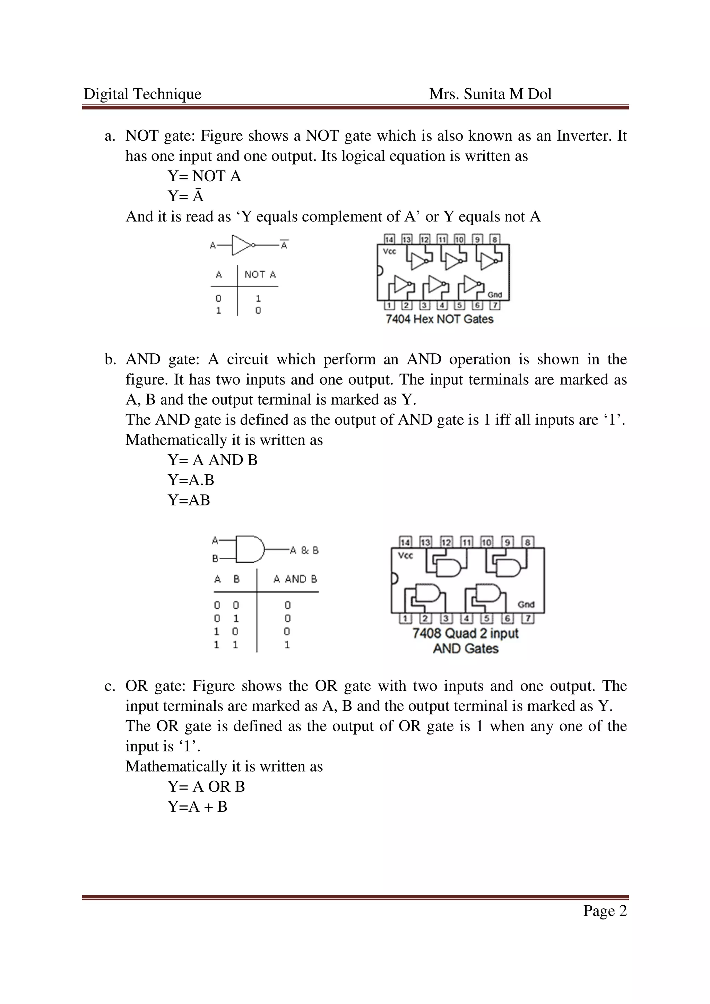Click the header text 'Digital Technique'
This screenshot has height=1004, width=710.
(x=142, y=94)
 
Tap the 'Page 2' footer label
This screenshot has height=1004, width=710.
(x=605, y=911)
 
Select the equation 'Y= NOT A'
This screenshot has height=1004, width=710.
(x=204, y=176)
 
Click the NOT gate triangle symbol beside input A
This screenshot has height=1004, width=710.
(x=241, y=245)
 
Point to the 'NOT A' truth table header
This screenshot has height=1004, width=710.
(x=260, y=275)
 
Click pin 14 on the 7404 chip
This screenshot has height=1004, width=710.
(x=389, y=239)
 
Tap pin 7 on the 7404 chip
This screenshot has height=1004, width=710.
(x=494, y=306)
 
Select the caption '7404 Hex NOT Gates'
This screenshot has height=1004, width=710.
(x=439, y=319)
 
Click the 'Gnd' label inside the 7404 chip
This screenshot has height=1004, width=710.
(x=494, y=295)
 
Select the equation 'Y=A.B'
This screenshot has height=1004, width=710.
(x=191, y=480)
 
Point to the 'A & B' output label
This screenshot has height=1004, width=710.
(x=304, y=550)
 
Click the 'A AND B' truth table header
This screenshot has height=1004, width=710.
(x=295, y=579)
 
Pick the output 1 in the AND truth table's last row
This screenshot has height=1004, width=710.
(x=287, y=644)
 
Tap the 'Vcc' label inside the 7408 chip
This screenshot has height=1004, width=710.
(x=405, y=556)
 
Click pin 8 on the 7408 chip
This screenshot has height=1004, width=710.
(x=528, y=542)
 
